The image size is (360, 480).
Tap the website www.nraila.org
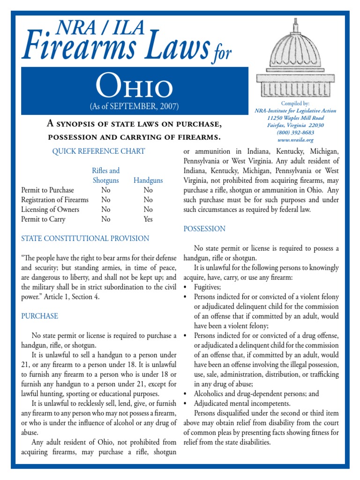[295, 140]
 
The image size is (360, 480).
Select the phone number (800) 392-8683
[295, 133]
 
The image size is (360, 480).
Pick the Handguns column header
[148, 180]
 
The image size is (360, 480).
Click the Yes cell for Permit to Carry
[148, 219]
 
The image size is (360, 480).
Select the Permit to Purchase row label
[48, 190]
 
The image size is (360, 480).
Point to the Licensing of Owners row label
[50, 210]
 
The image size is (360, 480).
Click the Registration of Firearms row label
[55, 200]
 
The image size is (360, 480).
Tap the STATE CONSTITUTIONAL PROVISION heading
[85, 238]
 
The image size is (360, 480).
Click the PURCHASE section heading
[40, 316]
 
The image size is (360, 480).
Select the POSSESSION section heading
[204, 229]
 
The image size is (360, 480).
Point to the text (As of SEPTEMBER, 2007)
[134, 106]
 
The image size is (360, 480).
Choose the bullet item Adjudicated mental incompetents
[242, 403]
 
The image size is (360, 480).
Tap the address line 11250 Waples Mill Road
[295, 118]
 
